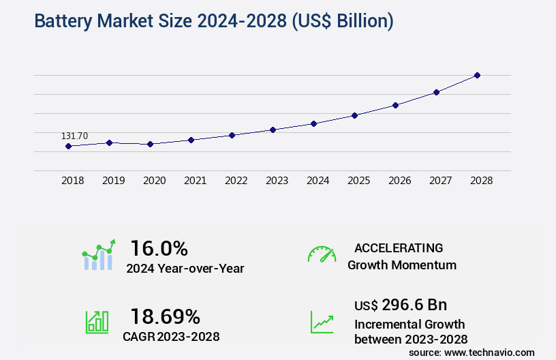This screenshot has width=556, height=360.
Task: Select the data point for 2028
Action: [x=477, y=75]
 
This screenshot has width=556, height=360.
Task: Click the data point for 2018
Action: [x=68, y=146]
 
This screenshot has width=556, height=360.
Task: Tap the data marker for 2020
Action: [x=150, y=144]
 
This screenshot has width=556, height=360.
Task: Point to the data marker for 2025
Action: [x=354, y=115]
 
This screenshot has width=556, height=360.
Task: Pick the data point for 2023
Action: [x=273, y=130]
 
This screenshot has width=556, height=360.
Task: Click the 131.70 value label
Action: [x=74, y=136]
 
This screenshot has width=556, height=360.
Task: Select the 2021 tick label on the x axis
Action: [x=195, y=181]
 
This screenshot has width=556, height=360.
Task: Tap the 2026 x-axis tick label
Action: [x=399, y=181]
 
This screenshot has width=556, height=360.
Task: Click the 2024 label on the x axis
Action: [x=318, y=181]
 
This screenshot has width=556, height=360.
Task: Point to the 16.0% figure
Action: [x=159, y=247]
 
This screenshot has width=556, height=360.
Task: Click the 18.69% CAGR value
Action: [x=165, y=316]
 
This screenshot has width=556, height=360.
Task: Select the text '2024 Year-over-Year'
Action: [x=185, y=269]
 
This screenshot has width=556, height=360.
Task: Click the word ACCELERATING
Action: [x=399, y=247]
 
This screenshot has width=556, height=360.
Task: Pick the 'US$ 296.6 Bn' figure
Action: [x=401, y=305]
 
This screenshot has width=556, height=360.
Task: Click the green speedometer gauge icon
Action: [x=322, y=254]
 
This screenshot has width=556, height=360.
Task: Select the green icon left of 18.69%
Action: [x=97, y=322]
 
